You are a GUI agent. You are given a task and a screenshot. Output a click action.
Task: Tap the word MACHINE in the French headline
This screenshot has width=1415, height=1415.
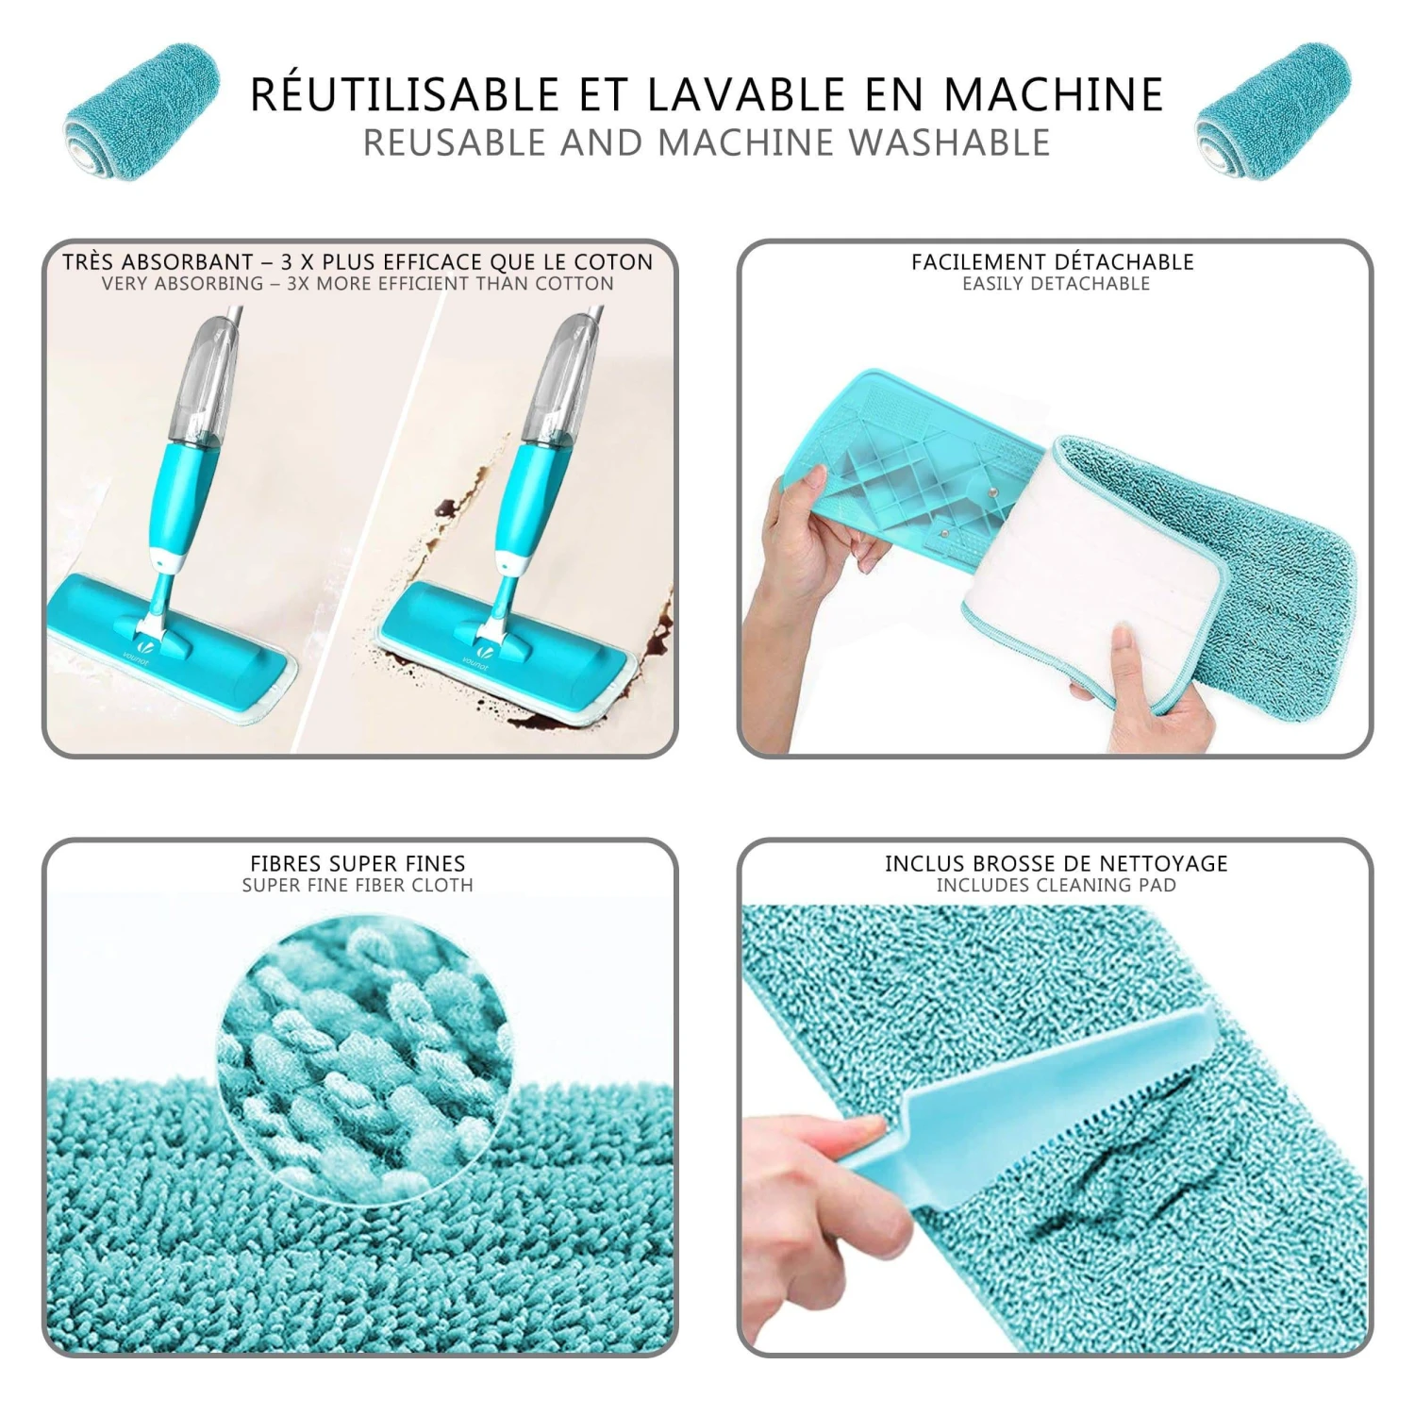pyautogui.click(x=1054, y=94)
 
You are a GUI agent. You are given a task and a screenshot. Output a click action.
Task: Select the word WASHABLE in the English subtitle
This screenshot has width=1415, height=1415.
pyautogui.click(x=950, y=142)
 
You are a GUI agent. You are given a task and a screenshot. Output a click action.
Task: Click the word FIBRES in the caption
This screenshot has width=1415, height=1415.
pyautogui.click(x=280, y=863)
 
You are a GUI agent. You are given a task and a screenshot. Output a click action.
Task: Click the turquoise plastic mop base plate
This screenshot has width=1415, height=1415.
pyautogui.click(x=906, y=472)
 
